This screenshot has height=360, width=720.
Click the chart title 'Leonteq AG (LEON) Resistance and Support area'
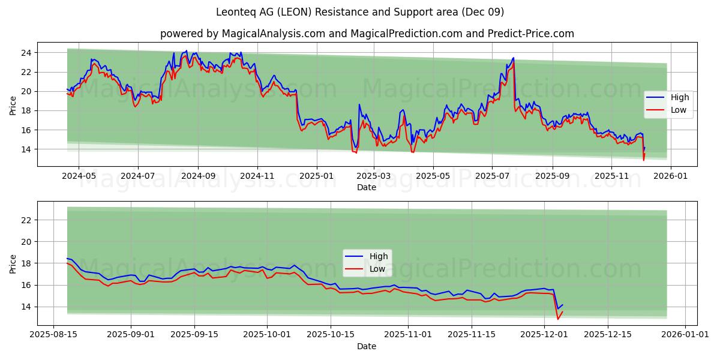(x=360, y=12)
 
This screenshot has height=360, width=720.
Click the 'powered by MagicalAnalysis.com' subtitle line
(x=367, y=34)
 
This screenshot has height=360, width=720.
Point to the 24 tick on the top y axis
(x=26, y=53)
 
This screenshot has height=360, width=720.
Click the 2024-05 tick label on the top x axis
(x=79, y=176)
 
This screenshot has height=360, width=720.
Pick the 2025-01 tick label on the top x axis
(x=316, y=176)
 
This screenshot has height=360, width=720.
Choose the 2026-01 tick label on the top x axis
(x=670, y=176)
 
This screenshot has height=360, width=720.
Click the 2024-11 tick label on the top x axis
(x=257, y=176)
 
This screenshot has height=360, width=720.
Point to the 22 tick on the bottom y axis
(x=26, y=220)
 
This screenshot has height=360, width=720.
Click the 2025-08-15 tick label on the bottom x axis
(x=55, y=335)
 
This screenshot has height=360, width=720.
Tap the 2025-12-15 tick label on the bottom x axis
(x=607, y=335)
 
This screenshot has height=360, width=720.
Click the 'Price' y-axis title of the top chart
(x=13, y=105)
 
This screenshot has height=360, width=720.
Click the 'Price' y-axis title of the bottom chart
(x=13, y=263)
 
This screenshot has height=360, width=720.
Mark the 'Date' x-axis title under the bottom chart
(x=366, y=346)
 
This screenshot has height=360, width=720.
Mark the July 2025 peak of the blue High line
(x=513, y=58)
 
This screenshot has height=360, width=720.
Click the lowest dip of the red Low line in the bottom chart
(x=558, y=319)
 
